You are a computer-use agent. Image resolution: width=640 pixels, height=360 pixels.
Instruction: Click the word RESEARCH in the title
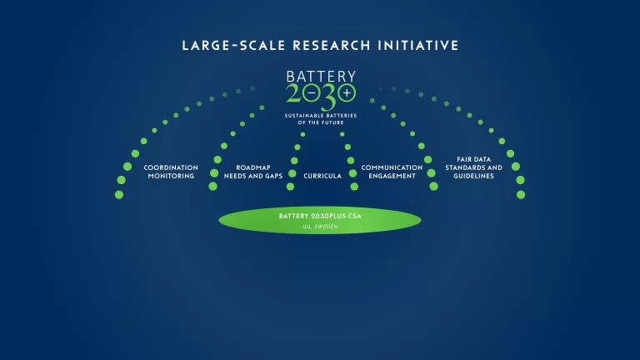point(332,45)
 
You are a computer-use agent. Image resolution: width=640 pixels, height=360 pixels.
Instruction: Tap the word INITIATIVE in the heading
point(418,45)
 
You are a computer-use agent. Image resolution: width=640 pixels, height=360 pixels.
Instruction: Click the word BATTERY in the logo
point(321,77)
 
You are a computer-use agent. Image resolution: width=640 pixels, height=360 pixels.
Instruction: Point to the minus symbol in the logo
point(312,93)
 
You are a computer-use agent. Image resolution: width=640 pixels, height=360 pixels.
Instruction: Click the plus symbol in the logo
point(347,93)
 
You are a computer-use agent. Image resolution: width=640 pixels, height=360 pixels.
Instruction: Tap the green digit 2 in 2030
point(293,93)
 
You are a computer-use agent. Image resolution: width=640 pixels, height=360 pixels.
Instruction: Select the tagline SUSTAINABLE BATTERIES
point(321,116)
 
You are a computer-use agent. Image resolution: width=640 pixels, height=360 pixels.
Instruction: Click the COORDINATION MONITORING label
point(171,172)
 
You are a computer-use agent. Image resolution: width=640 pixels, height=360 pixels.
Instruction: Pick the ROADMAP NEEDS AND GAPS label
point(253,172)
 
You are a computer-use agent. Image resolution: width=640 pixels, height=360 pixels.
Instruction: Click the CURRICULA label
point(322,176)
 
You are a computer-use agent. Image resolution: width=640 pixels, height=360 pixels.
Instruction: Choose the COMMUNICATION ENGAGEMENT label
point(392,172)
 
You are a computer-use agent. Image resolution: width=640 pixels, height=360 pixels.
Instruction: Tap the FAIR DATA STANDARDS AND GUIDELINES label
point(474,167)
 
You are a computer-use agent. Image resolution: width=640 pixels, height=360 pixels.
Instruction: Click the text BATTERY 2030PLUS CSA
point(320,216)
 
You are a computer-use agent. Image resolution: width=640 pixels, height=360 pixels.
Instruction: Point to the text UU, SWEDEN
point(320,227)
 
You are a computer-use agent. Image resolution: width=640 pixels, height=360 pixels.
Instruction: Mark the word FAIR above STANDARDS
point(464,159)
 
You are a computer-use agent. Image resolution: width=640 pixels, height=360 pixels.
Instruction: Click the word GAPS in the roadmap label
point(273,176)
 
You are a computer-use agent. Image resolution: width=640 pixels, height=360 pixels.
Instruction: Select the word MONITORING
point(171,176)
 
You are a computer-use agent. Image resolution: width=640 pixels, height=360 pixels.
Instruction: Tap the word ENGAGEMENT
point(392,176)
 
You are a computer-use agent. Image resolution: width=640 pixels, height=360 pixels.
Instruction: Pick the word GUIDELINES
point(473,176)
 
